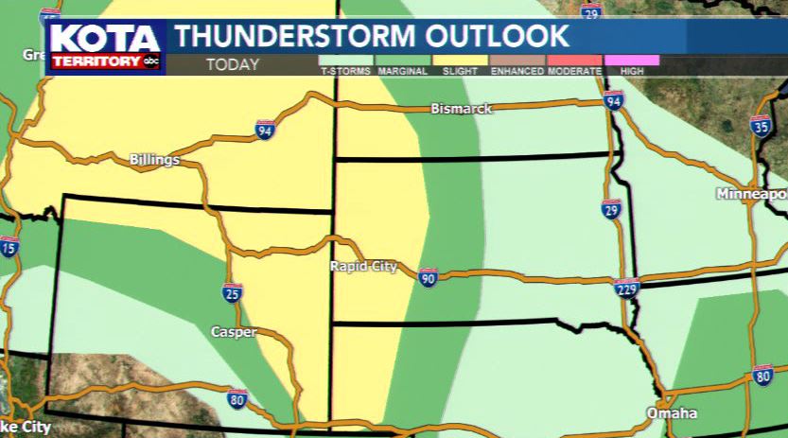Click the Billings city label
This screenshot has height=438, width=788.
click(x=154, y=160)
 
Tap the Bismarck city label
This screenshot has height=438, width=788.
click(x=461, y=109)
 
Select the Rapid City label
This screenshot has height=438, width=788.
click(x=363, y=267)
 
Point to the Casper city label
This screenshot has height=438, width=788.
click(x=233, y=331)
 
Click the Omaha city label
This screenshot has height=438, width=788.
click(x=672, y=413)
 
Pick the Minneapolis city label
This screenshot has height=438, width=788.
click(x=752, y=194)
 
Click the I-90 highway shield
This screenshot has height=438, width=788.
click(x=428, y=277)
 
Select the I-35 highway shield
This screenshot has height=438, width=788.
click(x=760, y=127)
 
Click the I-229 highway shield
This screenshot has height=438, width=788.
click(x=626, y=288)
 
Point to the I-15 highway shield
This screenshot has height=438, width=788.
click(x=9, y=249)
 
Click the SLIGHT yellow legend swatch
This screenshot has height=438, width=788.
click(x=461, y=61)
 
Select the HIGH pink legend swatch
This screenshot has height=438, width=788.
click(x=631, y=61)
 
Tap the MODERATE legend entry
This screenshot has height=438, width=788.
click(x=574, y=65)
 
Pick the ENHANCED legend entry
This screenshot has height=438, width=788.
click(x=517, y=65)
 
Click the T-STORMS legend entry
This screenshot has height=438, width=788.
click(x=346, y=65)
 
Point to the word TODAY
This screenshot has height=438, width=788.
click(x=232, y=65)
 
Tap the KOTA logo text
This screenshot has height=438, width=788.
click(x=106, y=40)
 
